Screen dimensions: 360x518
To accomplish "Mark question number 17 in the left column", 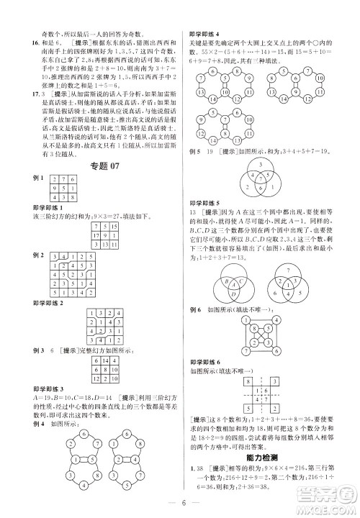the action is (26, 93).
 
